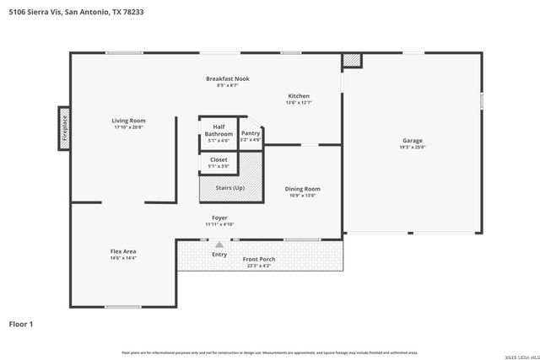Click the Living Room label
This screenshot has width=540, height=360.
coord(128,121)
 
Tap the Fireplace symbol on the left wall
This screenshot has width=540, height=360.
coord(63,128)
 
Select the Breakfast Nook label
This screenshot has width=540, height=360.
coord(228,78)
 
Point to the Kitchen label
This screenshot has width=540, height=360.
coord(300,95)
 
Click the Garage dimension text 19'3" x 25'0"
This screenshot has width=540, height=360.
coord(413,148)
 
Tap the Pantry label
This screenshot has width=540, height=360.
coord(251,133)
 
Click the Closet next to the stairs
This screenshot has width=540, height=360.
coord(219,162)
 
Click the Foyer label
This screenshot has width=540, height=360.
coord(219,218)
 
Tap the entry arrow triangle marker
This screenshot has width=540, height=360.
coord(219,244)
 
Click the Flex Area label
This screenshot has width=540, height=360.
coord(123,251)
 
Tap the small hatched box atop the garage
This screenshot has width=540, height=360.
coord(351,61)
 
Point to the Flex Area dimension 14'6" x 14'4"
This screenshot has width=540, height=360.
coord(123,258)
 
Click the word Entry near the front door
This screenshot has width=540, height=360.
coord(219,254)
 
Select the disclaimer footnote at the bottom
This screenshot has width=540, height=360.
coord(269,352)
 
